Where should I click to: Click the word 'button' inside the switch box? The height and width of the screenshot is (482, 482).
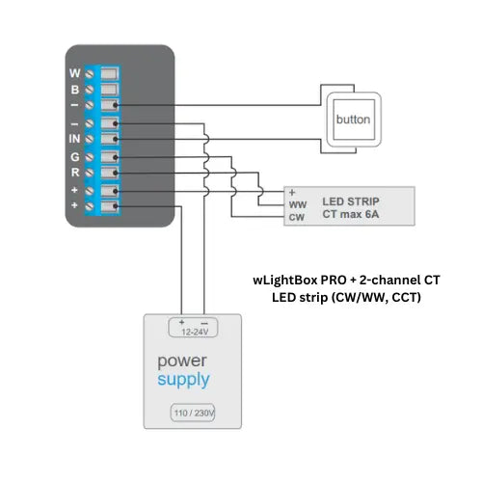click(352, 120)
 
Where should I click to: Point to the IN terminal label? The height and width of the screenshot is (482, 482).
click(73, 139)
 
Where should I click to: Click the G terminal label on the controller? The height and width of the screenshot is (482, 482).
click(75, 156)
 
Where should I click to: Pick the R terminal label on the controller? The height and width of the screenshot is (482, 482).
click(75, 173)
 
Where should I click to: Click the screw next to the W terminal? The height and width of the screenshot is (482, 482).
click(90, 73)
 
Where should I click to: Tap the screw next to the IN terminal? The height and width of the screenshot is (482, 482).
click(90, 139)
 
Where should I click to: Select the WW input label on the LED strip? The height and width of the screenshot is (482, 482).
click(297, 204)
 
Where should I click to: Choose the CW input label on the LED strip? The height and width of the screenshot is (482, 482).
click(297, 218)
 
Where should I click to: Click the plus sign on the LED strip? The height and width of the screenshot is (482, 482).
click(292, 192)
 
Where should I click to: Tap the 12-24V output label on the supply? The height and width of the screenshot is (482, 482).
click(194, 331)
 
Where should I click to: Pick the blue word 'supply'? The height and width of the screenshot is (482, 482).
click(183, 380)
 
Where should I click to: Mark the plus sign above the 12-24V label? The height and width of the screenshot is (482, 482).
click(181, 320)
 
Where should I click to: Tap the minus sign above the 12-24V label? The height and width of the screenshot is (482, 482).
click(204, 320)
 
